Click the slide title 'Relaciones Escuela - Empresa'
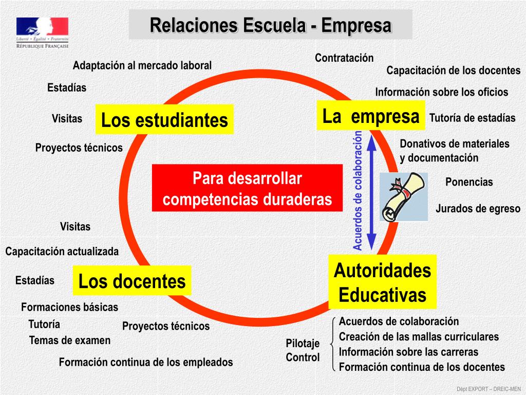pos(270,25)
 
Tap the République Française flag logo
pos(42,32)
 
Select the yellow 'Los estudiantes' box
pos(164,120)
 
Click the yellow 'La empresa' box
pos(371,116)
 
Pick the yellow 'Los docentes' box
pos(131,281)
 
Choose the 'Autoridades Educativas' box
pos(382,282)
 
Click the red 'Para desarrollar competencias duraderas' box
pos(247,189)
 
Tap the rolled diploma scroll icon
pos(404,197)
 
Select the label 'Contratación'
pos(344,58)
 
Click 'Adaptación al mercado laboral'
pos(142,65)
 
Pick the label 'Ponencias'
pos(468,182)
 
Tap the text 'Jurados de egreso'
pos(478,209)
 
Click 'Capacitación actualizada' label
pos(62,252)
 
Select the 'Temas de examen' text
pos(70,340)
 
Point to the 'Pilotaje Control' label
pos(303,350)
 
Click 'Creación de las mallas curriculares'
pos(419,337)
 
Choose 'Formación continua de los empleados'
pos(146,362)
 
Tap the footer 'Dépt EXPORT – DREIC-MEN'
pos(489,388)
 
